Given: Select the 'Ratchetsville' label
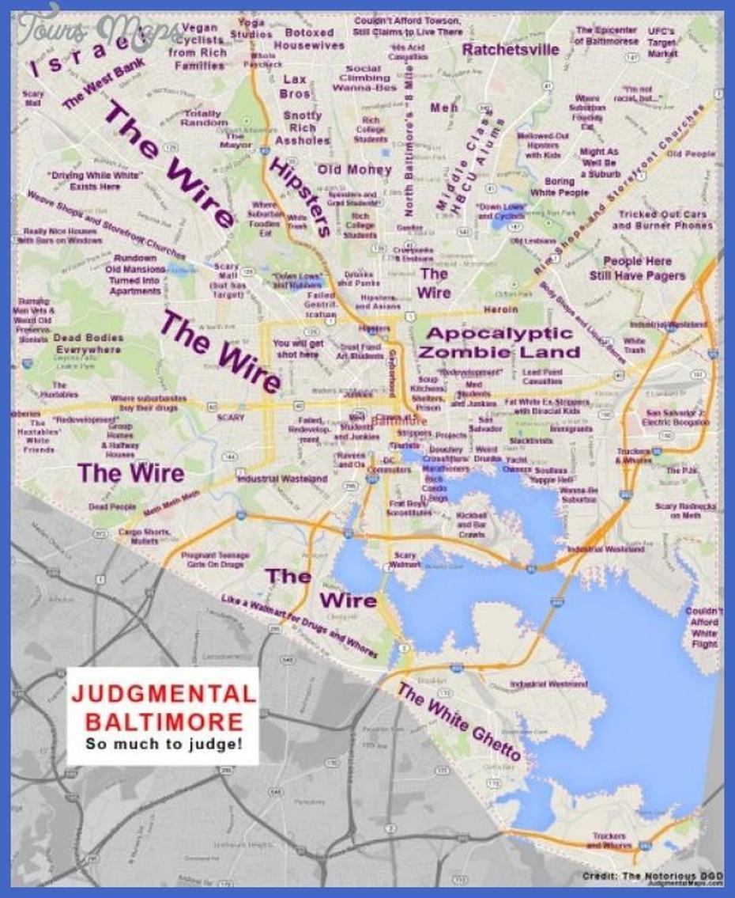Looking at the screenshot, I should (511, 50).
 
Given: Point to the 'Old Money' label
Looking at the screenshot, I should (355, 169).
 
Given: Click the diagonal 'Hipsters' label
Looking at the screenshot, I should (300, 197).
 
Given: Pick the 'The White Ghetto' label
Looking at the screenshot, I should (459, 722).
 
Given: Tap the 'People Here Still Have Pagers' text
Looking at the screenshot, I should (637, 268).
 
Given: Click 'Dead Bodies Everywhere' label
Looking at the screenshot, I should (88, 343).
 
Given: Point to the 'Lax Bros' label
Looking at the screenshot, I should (294, 86).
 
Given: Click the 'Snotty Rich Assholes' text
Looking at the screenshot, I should (302, 128).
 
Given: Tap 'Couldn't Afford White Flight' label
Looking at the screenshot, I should (703, 627).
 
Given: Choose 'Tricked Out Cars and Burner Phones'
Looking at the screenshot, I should (662, 220).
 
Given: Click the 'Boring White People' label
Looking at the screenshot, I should (560, 187).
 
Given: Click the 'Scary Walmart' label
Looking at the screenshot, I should (405, 560).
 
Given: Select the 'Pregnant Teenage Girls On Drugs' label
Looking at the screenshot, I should (215, 560).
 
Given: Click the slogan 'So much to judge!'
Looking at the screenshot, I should (163, 745).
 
